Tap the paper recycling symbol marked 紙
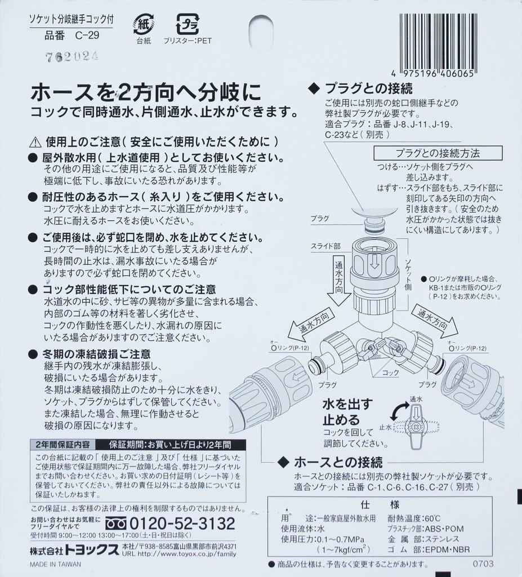pyautogui.click(x=143, y=25)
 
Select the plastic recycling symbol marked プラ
pyautogui.click(x=188, y=25)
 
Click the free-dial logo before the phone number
pyautogui.click(x=117, y=523)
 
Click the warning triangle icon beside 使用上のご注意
pyautogui.click(x=35, y=141)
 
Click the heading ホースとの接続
pyautogui.click(x=338, y=463)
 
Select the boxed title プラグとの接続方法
pyautogui.click(x=437, y=153)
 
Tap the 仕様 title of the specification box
pyautogui.click(x=387, y=504)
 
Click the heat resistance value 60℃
pyautogui.click(x=430, y=518)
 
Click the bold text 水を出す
pyautogui.click(x=347, y=404)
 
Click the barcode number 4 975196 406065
pyautogui.click(x=434, y=74)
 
